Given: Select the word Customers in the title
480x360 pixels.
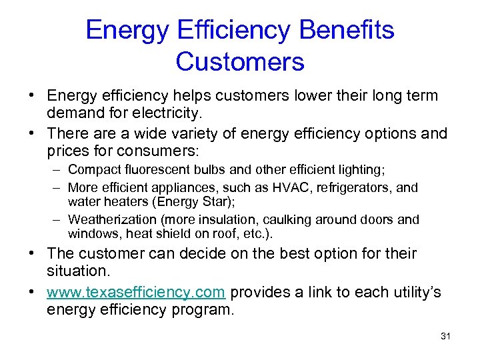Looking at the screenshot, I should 240,62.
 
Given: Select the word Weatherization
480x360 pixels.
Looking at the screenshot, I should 110,219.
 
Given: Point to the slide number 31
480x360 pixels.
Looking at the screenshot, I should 445,336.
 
